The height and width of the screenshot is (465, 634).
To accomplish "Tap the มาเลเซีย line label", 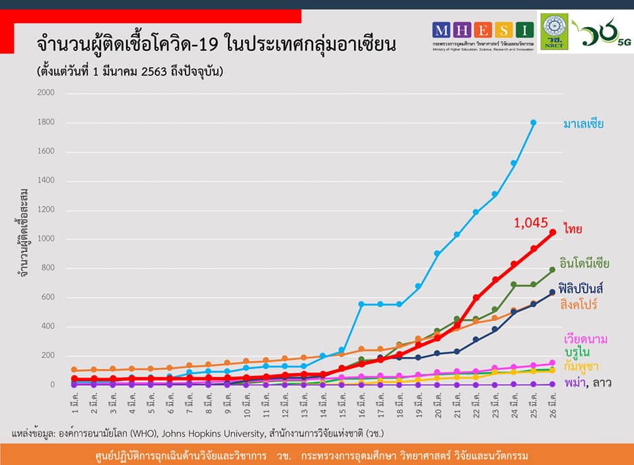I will click(583, 124).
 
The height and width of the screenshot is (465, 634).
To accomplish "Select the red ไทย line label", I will click(572, 229).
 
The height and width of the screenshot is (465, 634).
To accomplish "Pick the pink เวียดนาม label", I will click(585, 339).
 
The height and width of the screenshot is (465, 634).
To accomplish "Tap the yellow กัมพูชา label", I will click(581, 367).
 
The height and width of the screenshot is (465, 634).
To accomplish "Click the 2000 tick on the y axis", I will click(46, 93).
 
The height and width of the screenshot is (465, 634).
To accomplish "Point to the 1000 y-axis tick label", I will click(46, 239).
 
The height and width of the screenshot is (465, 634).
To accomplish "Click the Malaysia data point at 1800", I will click(533, 123).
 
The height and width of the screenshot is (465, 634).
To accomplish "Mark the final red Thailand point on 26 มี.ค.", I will click(553, 232).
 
